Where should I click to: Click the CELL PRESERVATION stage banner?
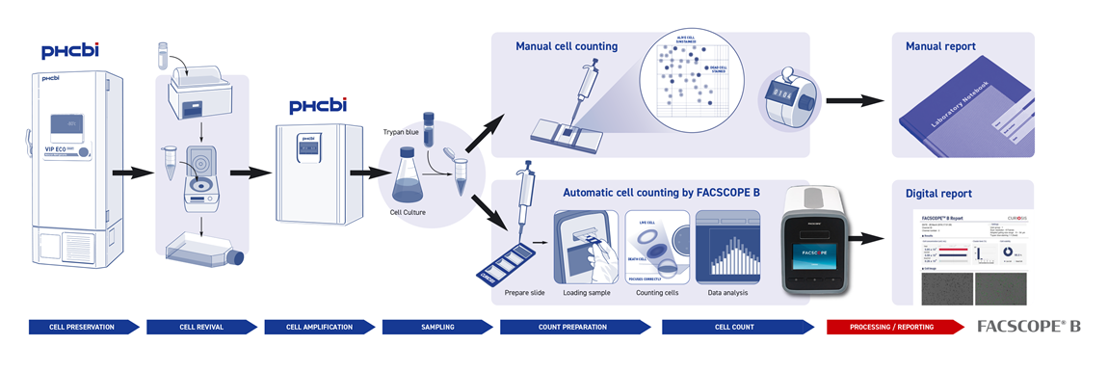click(x=82, y=327)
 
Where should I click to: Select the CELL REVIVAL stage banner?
click(x=200, y=327)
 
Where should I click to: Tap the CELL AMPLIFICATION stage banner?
click(x=319, y=327)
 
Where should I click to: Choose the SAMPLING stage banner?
click(x=436, y=327)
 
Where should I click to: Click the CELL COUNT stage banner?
click(x=734, y=327)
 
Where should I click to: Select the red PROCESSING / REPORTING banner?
click(x=891, y=327)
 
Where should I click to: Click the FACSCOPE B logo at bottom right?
click(x=1028, y=326)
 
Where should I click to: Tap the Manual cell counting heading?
click(x=567, y=46)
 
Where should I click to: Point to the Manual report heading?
click(x=940, y=46)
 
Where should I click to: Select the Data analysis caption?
click(x=728, y=292)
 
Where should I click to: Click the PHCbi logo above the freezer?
click(x=69, y=51)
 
